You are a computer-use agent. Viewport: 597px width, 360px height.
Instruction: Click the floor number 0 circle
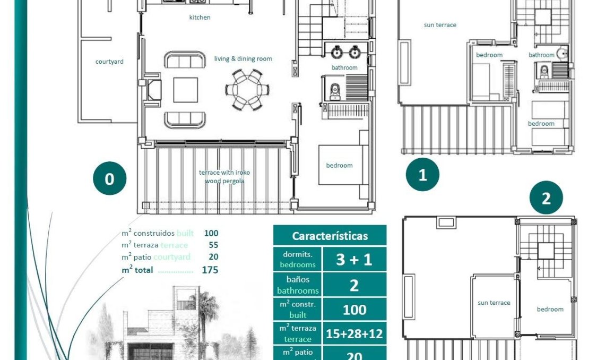point(109,179)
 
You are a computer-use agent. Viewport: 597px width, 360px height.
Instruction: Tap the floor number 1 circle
point(422,175)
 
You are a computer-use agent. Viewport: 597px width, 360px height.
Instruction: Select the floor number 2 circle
point(546,198)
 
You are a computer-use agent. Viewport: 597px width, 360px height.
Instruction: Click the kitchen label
point(200,18)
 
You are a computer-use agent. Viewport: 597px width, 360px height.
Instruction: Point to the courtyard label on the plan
point(109,62)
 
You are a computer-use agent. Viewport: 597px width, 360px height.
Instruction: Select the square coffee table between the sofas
point(185,90)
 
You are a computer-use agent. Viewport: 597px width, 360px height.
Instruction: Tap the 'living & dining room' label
point(243,59)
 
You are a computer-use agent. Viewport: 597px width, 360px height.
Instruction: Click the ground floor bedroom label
point(339,165)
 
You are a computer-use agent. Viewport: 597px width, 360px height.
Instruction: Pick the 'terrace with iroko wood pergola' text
point(224,177)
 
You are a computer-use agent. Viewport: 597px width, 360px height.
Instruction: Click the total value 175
point(210,270)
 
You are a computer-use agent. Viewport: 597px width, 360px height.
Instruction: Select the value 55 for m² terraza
point(213,245)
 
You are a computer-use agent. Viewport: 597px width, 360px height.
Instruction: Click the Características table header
point(330,236)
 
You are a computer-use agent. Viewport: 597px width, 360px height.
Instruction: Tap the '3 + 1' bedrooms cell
point(354,260)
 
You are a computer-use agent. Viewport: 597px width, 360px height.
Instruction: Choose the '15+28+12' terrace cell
point(354,334)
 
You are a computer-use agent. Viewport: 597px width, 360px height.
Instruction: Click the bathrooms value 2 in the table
point(354,286)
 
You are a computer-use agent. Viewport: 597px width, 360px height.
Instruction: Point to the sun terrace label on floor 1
point(439,25)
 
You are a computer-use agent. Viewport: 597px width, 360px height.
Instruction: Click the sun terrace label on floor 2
point(494,303)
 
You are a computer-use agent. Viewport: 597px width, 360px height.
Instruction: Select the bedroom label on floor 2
point(550,309)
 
